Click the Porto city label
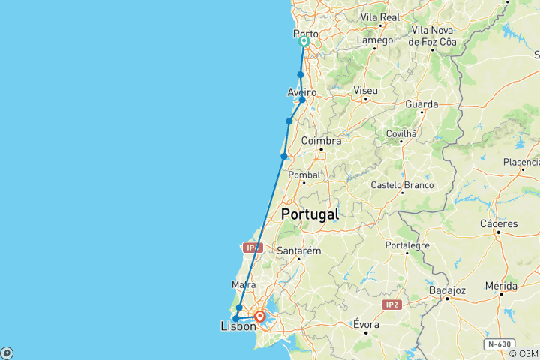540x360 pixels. [x=305, y=33]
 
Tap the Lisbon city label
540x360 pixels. [x=238, y=326]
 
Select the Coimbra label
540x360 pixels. [x=321, y=140]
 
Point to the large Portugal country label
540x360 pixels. [x=310, y=214]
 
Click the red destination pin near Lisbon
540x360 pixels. [x=259, y=316]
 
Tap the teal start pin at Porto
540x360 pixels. [x=304, y=42]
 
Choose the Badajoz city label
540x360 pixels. [x=448, y=289]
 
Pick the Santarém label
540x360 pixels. [x=299, y=250]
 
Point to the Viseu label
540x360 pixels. [x=365, y=90]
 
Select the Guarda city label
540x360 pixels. [x=421, y=103]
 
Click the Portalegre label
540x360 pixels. [x=407, y=244]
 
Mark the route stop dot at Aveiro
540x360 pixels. [x=302, y=100]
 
